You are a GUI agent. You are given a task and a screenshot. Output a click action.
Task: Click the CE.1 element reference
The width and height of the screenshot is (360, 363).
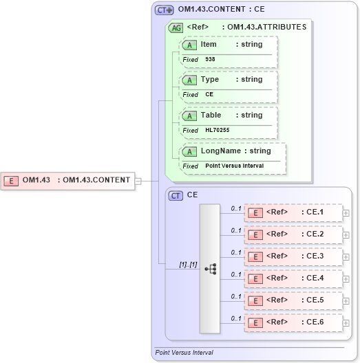[x=293, y=212]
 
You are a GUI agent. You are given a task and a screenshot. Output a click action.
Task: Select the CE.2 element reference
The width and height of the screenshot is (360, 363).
[x=293, y=234]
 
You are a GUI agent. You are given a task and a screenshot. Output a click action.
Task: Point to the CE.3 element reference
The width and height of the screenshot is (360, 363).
[x=293, y=256]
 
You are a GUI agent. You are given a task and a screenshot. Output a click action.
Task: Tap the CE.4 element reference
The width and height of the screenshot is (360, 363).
[x=293, y=278]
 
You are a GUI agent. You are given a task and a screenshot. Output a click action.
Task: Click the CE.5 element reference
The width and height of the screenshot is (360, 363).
[x=293, y=300]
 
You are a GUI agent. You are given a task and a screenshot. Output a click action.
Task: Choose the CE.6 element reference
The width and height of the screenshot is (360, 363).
[x=293, y=322]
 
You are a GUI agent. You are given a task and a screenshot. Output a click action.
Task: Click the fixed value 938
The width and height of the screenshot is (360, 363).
[x=210, y=60]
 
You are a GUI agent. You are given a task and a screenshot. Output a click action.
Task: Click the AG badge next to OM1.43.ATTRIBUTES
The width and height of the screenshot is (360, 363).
[x=176, y=27]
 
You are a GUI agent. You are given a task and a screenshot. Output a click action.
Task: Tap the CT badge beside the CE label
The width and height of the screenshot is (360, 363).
[x=176, y=195]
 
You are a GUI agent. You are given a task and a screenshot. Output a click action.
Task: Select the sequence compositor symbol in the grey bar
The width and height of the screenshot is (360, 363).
[x=210, y=268]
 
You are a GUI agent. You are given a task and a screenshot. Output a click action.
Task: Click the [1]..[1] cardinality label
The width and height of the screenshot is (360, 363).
[x=188, y=264]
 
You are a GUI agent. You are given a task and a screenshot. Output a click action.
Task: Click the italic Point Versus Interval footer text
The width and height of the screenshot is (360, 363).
[x=184, y=352]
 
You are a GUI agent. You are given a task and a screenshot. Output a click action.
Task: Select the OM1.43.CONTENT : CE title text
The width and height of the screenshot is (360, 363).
[x=221, y=10]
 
